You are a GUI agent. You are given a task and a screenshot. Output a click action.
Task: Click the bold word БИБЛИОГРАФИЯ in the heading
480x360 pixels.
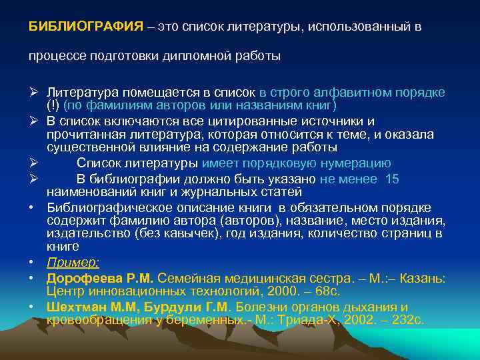85,26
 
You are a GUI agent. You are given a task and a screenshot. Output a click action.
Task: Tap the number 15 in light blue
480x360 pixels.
392,178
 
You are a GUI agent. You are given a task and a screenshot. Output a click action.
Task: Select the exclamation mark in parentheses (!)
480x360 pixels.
53,105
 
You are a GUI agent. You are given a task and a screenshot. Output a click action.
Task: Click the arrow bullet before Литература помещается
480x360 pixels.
33,92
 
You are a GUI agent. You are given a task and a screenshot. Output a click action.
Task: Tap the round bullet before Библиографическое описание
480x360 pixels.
32,207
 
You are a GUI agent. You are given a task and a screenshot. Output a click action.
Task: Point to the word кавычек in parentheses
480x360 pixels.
170,233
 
